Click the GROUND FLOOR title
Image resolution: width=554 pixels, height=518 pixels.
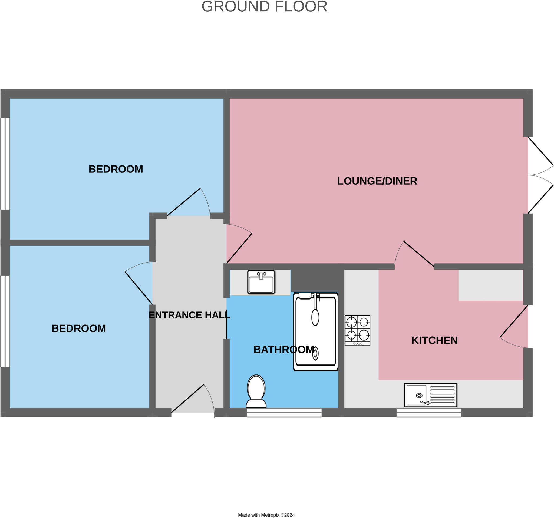pyautogui.click(x=264, y=7)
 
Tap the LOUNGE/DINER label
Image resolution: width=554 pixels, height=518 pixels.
pyautogui.click(x=377, y=181)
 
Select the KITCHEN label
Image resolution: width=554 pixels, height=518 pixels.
pyautogui.click(x=434, y=340)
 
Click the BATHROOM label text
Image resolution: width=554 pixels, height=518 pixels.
pyautogui.click(x=284, y=350)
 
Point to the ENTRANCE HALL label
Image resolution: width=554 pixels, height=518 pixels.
pyautogui.click(x=189, y=315)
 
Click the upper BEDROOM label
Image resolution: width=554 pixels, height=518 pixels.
pyautogui.click(x=116, y=169)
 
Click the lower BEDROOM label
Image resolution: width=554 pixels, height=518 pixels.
pyautogui.click(x=79, y=328)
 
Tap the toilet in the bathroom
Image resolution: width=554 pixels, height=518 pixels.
pyautogui.click(x=256, y=391)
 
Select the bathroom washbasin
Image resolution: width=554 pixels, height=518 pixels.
pyautogui.click(x=261, y=282)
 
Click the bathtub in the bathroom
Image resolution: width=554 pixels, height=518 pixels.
pyautogui.click(x=315, y=331)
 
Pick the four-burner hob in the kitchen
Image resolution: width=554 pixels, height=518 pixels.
pyautogui.click(x=357, y=330)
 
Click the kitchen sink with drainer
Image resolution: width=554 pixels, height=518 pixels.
pyautogui.click(x=431, y=395)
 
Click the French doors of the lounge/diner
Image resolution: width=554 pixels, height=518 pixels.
pyautogui.click(x=540, y=175)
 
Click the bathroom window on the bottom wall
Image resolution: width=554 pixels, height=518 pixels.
pyautogui.click(x=284, y=413)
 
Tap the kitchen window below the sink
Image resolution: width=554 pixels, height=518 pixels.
pyautogui.click(x=428, y=413)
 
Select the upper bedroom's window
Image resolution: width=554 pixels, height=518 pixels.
pyautogui.click(x=5, y=164)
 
